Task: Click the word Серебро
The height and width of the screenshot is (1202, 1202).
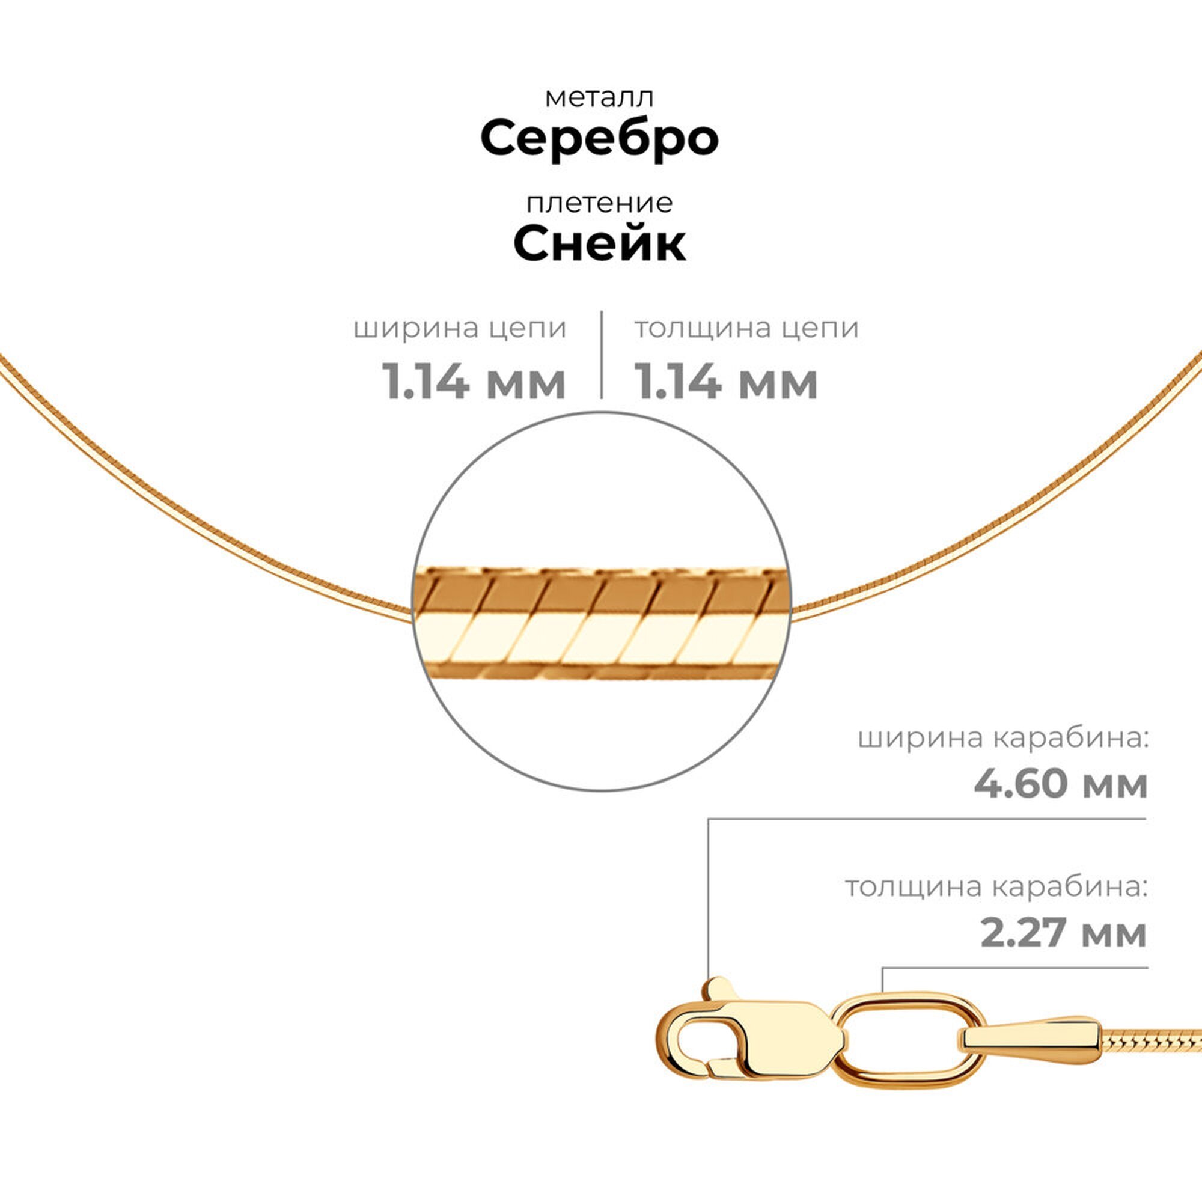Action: [599, 138]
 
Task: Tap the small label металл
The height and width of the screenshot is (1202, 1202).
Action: [599, 98]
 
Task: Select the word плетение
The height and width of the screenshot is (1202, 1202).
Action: [599, 204]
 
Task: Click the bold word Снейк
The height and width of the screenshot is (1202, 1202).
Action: [599, 243]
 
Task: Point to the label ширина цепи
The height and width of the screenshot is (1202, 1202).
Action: [460, 329]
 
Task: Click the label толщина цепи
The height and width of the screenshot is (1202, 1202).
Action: [746, 328]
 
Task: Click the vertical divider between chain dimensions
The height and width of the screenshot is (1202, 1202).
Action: [602, 355]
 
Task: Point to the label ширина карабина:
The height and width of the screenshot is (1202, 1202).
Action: [1002, 739]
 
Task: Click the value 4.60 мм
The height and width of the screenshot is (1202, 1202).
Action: [1060, 784]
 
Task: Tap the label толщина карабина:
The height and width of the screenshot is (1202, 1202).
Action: [995, 886]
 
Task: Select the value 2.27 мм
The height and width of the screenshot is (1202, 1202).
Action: [1063, 933]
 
